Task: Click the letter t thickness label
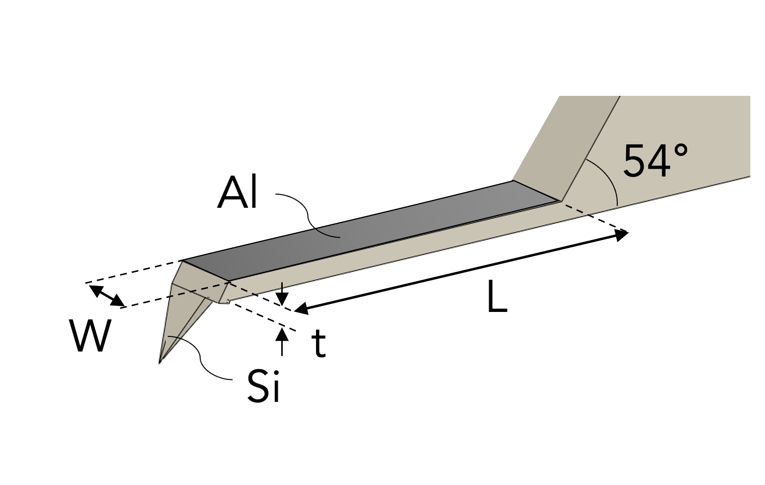coord(318,343)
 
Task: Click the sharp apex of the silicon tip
coord(160,362)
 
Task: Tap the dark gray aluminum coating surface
coord(372,230)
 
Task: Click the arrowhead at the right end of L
coord(622,236)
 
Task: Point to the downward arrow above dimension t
coord(282,296)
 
